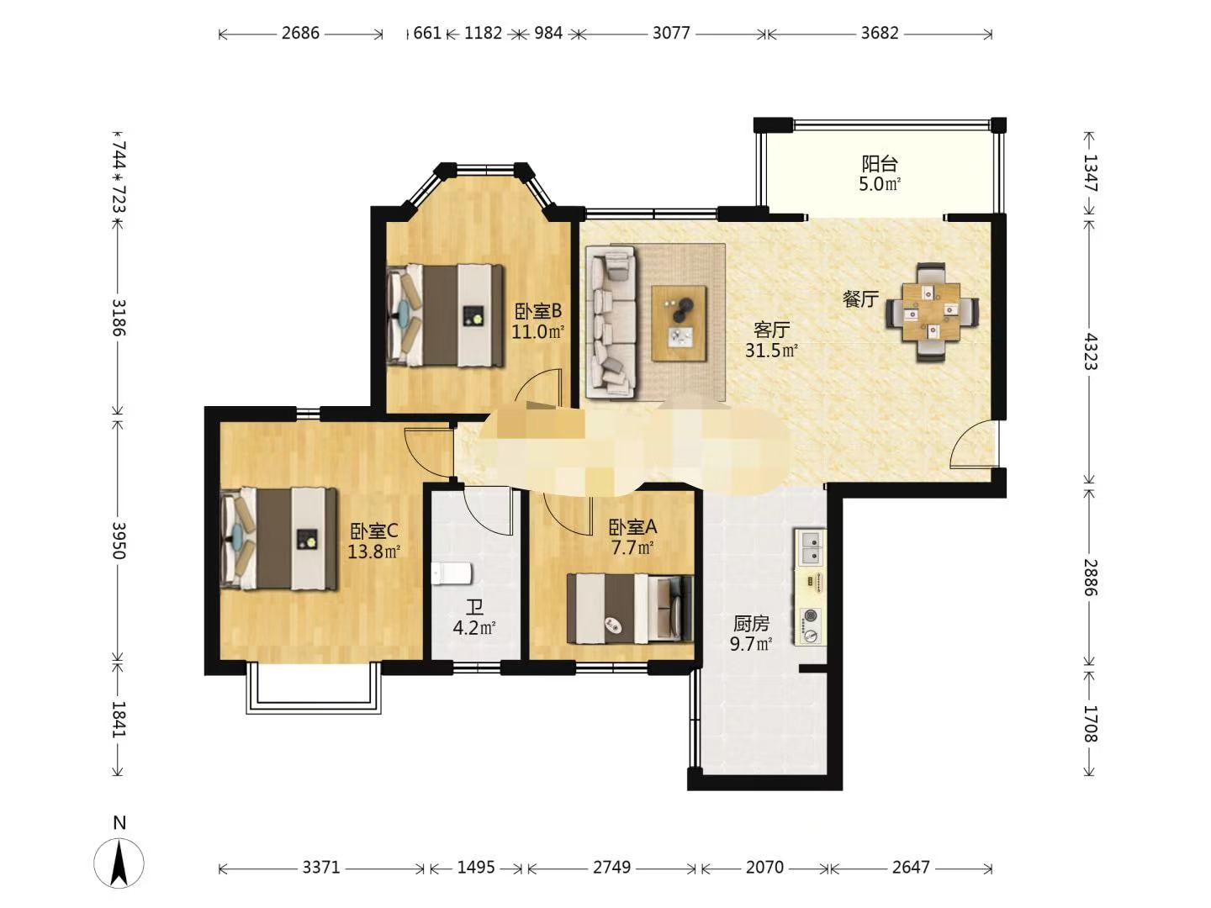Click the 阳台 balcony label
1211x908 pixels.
click(880, 164)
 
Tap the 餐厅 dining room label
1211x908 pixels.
click(860, 299)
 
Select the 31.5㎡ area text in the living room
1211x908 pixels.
click(771, 350)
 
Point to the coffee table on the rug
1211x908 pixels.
click(680, 323)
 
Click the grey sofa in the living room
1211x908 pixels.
click(611, 322)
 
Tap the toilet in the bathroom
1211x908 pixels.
click(452, 574)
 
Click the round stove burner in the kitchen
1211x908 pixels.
click(810, 615)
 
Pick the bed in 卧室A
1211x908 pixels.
click(630, 609)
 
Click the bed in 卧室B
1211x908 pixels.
click(445, 315)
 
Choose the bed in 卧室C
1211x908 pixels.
click(278, 539)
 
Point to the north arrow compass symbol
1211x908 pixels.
click(119, 863)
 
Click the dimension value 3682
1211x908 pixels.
click(880, 33)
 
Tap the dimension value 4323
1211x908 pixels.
click(1091, 351)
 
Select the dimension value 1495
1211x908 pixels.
click(476, 867)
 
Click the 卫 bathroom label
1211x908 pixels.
click(474, 608)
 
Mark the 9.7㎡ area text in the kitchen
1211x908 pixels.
click(750, 643)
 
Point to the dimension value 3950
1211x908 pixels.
click(119, 541)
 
